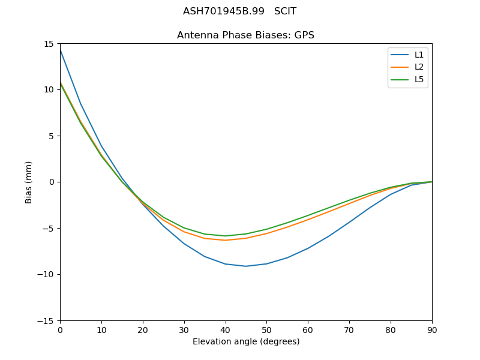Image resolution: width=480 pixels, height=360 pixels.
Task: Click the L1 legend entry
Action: [x=419, y=55]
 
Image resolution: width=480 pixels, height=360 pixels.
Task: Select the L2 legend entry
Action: [x=419, y=67]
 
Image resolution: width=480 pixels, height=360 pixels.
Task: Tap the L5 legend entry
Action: [x=419, y=79]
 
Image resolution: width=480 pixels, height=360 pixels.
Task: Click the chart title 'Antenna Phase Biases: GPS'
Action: [x=245, y=35]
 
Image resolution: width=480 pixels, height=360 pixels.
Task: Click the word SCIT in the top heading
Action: [x=285, y=11]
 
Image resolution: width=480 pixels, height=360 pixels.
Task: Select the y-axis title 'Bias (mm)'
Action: [x=29, y=182]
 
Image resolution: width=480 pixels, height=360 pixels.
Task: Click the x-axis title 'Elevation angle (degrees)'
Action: [x=246, y=341]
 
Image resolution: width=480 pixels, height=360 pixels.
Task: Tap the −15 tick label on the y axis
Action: [x=47, y=320]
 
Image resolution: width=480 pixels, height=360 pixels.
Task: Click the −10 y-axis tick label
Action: [x=47, y=274]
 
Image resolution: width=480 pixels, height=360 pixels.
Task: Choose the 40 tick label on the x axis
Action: [x=226, y=329]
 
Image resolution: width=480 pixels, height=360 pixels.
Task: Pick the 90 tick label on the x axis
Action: [x=432, y=329]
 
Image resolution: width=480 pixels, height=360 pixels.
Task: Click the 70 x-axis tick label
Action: [x=349, y=329]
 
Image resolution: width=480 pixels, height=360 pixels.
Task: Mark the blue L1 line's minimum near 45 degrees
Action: [x=246, y=266]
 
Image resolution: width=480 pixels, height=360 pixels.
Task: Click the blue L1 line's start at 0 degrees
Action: [x=61, y=50]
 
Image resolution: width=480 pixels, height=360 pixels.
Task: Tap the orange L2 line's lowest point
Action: [x=226, y=240]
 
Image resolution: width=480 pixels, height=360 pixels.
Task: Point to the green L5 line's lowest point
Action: [x=226, y=236]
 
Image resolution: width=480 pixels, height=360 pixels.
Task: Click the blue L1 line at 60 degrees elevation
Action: [x=308, y=248]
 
